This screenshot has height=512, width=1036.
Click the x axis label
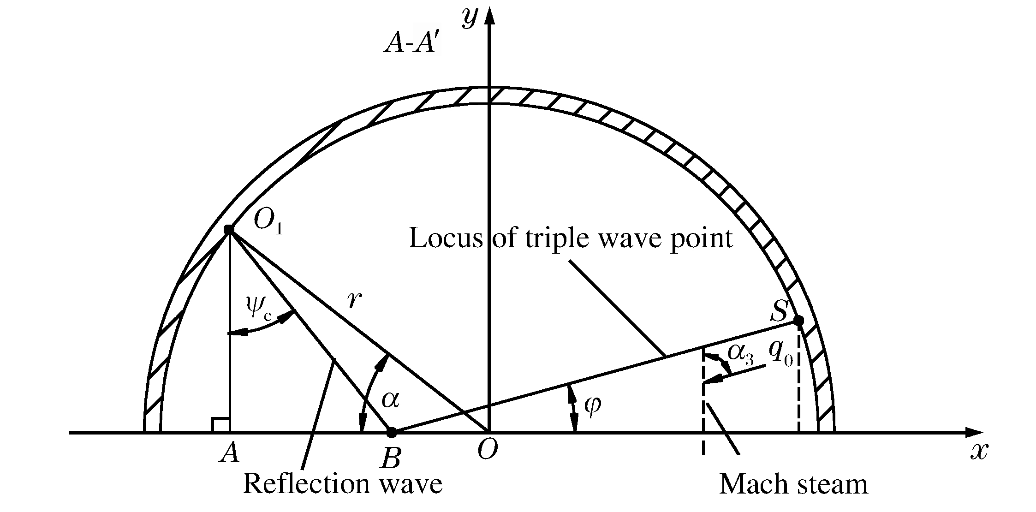tap(978, 452)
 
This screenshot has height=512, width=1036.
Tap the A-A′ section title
tap(410, 45)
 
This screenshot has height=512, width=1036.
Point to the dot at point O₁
tap(229, 229)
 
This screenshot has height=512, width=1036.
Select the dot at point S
tap(799, 320)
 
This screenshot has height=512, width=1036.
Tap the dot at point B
tap(391, 433)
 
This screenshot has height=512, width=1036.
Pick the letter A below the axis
tap(229, 453)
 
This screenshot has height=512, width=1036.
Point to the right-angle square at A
tap(220, 424)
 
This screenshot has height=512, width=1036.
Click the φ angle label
tap(592, 406)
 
